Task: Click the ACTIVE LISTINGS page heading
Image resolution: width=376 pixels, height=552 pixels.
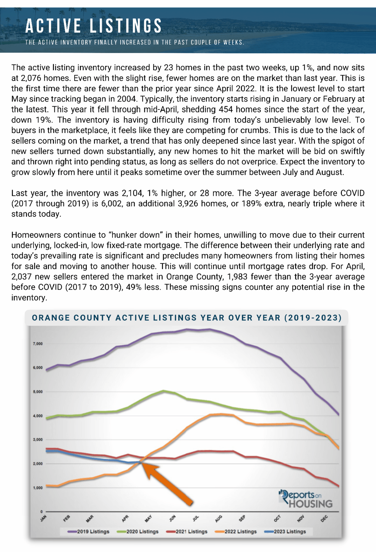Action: click(x=93, y=26)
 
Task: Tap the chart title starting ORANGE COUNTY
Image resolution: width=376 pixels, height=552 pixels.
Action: click(x=187, y=318)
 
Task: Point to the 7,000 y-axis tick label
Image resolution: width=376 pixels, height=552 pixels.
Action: click(x=38, y=344)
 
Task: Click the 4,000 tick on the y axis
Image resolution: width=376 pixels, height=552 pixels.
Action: click(x=38, y=416)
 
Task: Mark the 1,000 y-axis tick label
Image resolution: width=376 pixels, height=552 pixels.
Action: click(x=38, y=488)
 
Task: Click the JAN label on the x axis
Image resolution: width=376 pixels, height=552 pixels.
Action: click(x=43, y=518)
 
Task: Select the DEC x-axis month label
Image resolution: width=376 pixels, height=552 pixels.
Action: click(x=324, y=518)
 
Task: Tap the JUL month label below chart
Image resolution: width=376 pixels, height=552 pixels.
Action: click(x=196, y=518)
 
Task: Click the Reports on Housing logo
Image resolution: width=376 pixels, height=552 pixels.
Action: click(x=305, y=499)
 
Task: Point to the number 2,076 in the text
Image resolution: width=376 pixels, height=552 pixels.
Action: click(x=32, y=78)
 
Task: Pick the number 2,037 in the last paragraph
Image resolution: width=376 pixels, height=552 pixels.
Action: click(x=21, y=277)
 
